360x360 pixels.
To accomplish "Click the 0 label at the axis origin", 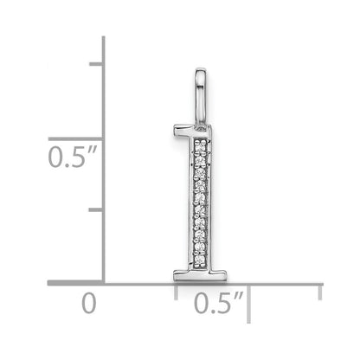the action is click(88, 303).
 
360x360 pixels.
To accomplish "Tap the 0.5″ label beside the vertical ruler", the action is click(72, 157).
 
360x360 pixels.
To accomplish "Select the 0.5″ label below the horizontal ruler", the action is click(219, 303).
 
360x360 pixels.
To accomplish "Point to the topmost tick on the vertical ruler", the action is click(96, 64).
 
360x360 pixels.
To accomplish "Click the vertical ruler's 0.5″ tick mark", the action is click(75, 139).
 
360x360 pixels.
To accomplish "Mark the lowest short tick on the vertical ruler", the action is click(96, 209).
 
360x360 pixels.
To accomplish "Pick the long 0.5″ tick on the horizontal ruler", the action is click(248, 304).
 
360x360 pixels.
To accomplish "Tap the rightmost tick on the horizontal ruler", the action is click(320, 292).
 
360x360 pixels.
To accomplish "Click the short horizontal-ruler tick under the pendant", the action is click(176, 292).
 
